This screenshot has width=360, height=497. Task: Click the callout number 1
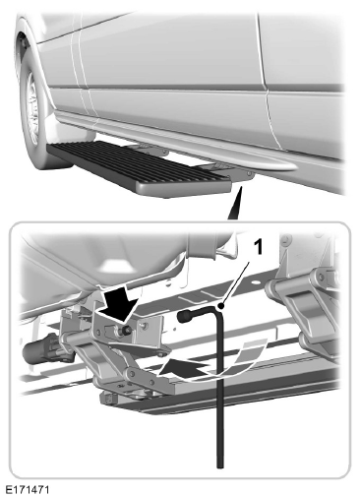259,247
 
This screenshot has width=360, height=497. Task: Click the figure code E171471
28,490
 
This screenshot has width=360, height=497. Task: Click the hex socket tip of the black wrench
182,316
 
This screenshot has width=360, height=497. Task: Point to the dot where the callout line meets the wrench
221,307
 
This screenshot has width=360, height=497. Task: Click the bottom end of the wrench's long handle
220,466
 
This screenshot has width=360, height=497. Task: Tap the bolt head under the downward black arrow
125,332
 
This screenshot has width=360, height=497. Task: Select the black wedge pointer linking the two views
236,203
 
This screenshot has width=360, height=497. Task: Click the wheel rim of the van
32,108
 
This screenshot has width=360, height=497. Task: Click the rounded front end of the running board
184,187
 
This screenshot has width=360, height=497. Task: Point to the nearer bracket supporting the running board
229,170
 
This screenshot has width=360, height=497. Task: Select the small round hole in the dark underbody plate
256,281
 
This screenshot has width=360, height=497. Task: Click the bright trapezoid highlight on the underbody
115,264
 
